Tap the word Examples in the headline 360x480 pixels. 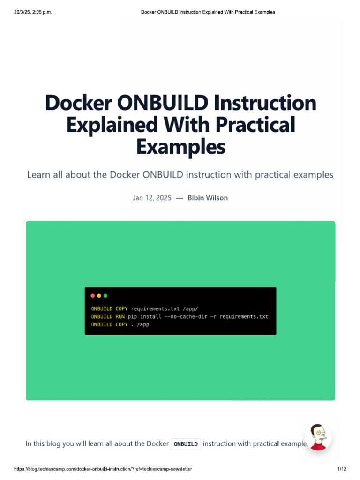point(180,147)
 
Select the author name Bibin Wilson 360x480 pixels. point(208,198)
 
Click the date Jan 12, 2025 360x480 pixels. point(152,198)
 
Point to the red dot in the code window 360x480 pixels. point(93,296)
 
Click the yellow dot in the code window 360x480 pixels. point(99,296)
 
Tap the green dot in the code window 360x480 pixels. point(105,296)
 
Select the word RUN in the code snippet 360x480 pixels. point(120,316)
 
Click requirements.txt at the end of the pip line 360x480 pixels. point(244,316)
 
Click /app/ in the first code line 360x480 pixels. point(190,308)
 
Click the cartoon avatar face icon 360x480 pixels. point(318,437)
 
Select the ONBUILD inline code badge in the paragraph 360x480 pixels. point(186,443)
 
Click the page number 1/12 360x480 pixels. point(341,469)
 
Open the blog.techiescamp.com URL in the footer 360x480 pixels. point(103,469)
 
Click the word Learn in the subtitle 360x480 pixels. point(38,175)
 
